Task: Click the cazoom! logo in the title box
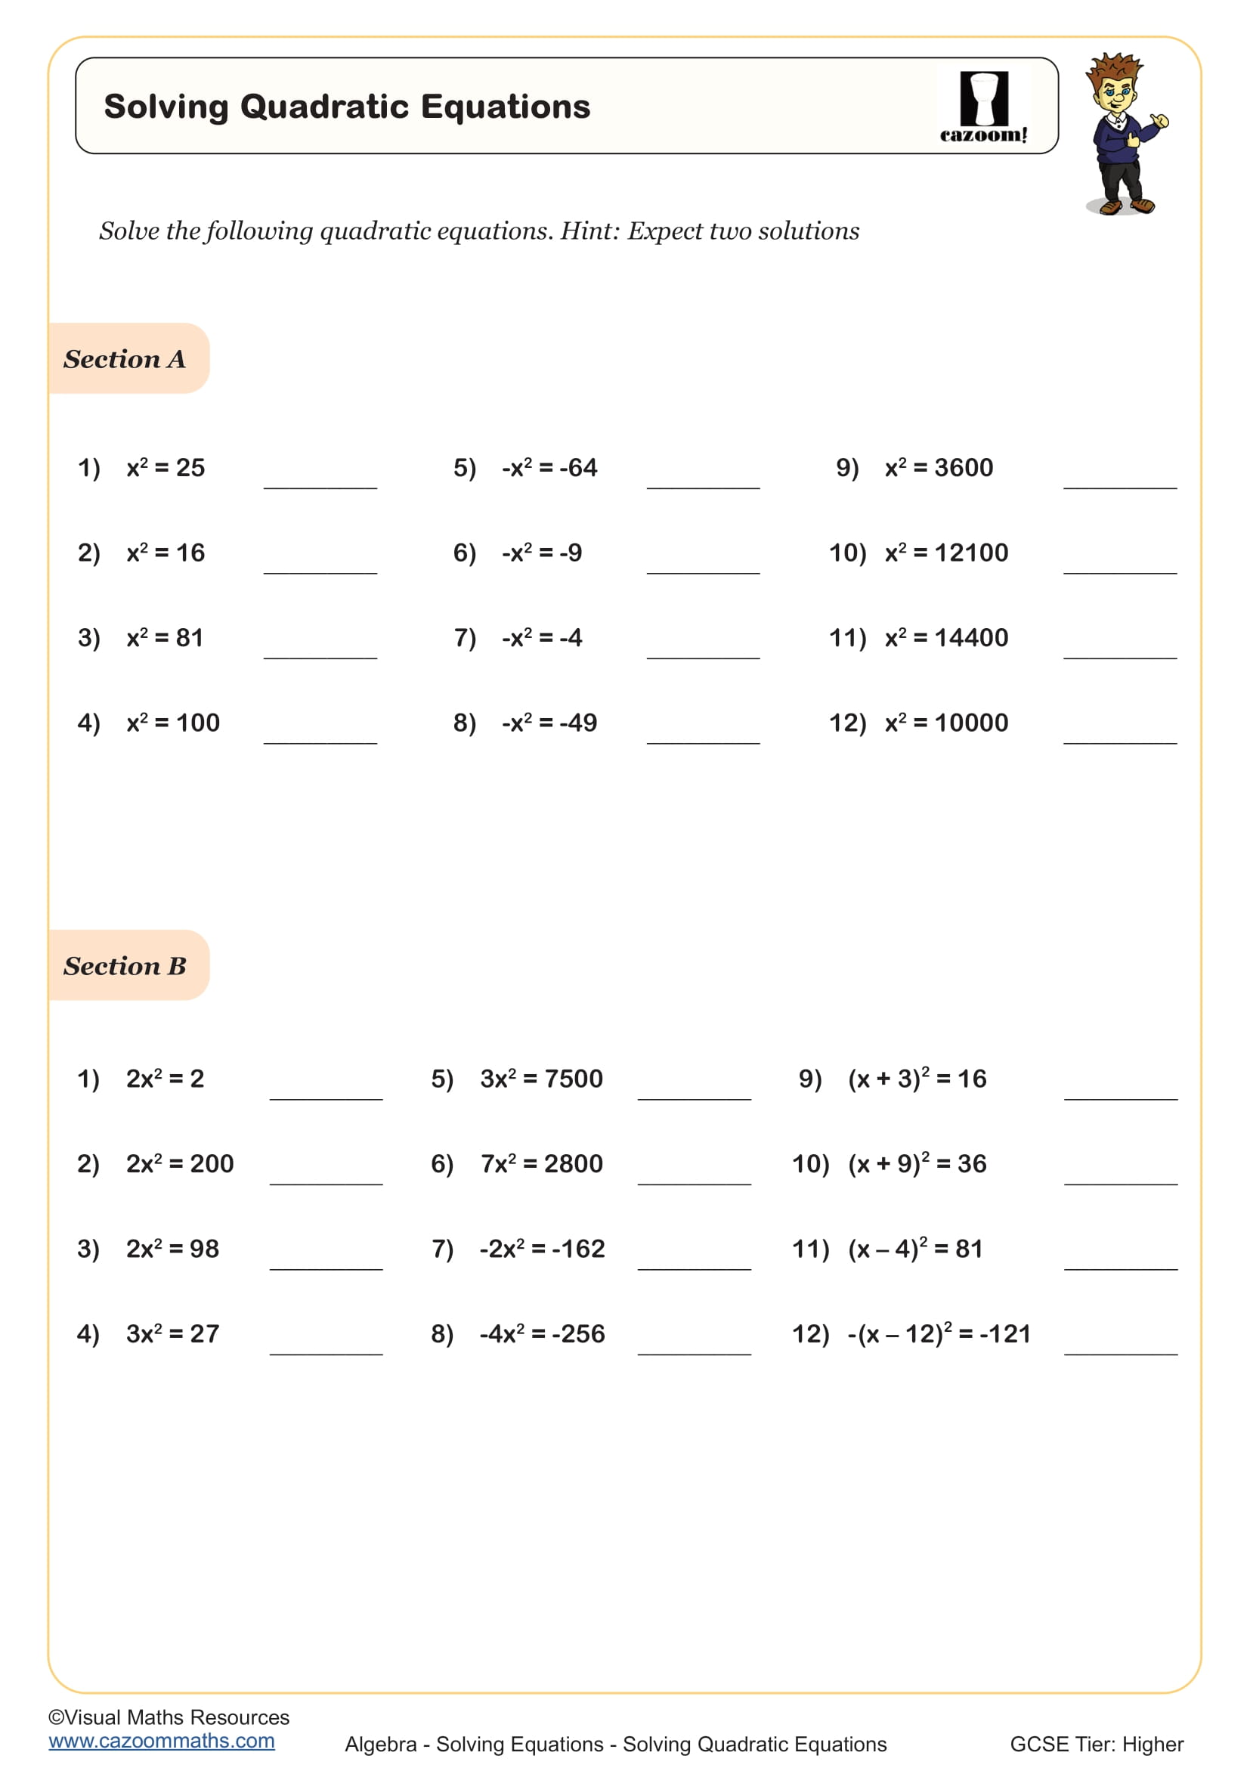pyautogui.click(x=983, y=107)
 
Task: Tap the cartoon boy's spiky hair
pyautogui.click(x=1115, y=70)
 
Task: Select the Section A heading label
pyautogui.click(x=125, y=359)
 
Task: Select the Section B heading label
pyautogui.click(x=125, y=965)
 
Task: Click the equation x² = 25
pyautogui.click(x=166, y=467)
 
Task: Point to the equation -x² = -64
pyautogui.click(x=549, y=467)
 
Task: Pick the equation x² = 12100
pyautogui.click(x=946, y=552)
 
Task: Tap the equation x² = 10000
pyautogui.click(x=946, y=723)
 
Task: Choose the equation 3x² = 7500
pyautogui.click(x=541, y=1078)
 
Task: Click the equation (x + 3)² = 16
pyautogui.click(x=917, y=1078)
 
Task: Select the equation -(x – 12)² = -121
pyautogui.click(x=939, y=1333)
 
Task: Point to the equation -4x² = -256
pyautogui.click(x=542, y=1333)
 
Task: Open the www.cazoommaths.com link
pyautogui.click(x=162, y=1740)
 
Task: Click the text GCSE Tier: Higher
pyautogui.click(x=1096, y=1744)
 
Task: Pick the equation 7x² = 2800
pyautogui.click(x=541, y=1163)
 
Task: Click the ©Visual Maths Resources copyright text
pyautogui.click(x=169, y=1717)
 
